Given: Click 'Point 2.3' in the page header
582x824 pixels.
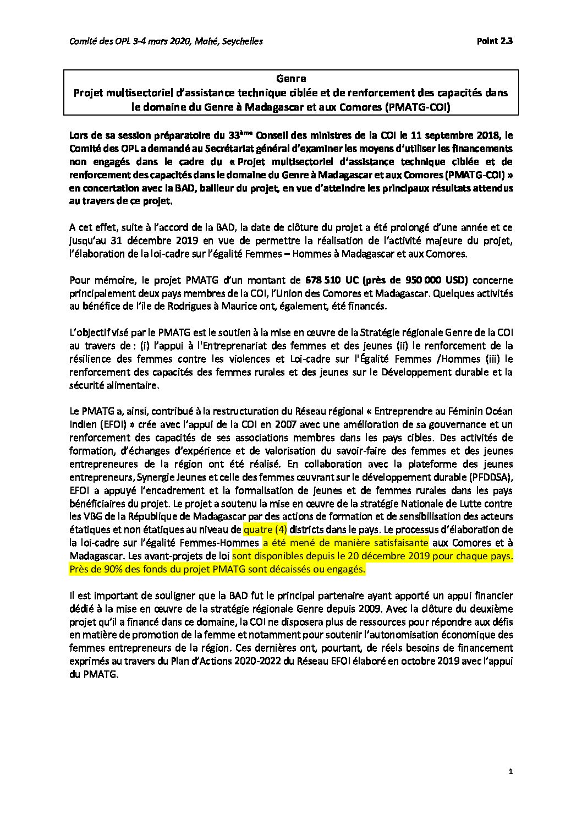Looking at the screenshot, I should point(495,41).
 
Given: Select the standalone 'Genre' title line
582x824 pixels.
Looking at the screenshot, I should point(291,79).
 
